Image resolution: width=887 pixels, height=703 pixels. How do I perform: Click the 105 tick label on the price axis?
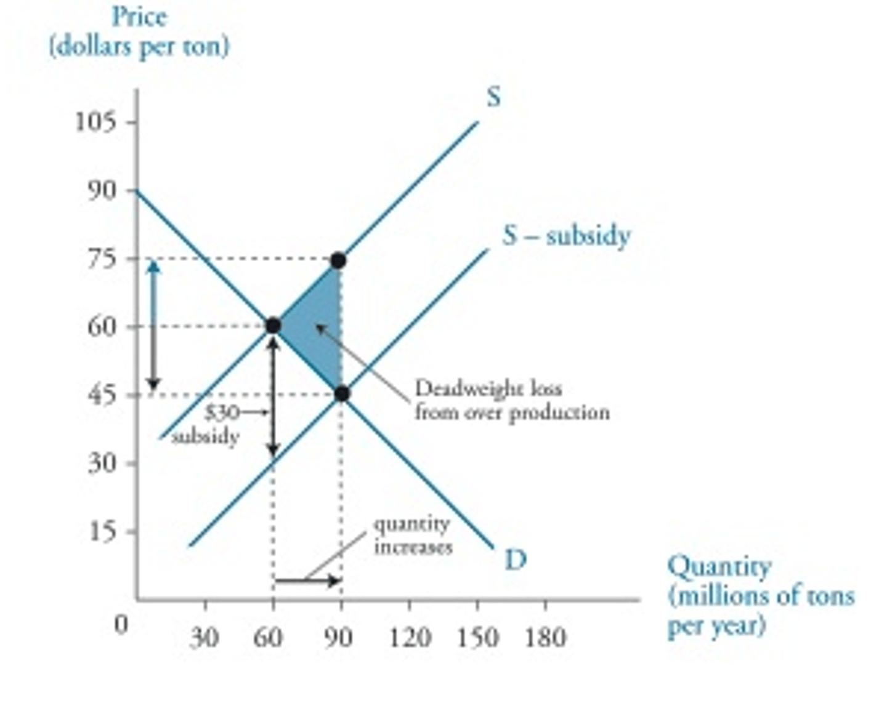95,122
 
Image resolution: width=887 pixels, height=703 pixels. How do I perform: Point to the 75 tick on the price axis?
102,258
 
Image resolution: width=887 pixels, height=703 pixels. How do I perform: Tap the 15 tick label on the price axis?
102,531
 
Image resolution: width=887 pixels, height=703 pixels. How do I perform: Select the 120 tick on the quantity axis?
409,637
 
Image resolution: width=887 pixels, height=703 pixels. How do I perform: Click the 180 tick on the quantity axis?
545,637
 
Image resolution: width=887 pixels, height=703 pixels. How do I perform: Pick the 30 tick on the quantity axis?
204,638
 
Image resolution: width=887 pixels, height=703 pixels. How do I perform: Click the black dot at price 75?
338,260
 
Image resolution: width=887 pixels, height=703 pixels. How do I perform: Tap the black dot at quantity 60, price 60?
273,326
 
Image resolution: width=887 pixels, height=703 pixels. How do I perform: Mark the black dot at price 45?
342,394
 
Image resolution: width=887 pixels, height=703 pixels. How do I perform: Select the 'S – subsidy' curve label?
566,236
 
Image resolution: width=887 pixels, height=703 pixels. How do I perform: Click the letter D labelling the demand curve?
516,560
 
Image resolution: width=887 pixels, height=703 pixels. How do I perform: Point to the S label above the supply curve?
493,97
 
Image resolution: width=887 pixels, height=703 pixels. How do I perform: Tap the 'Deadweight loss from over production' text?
511,400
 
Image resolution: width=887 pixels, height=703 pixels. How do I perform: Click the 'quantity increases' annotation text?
413,535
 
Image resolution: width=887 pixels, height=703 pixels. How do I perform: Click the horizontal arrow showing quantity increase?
307,580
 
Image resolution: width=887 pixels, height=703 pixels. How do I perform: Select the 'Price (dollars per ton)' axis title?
139,31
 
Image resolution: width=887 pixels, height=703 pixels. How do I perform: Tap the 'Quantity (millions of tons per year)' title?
760,595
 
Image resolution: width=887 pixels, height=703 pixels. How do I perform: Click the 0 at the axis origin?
122,624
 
